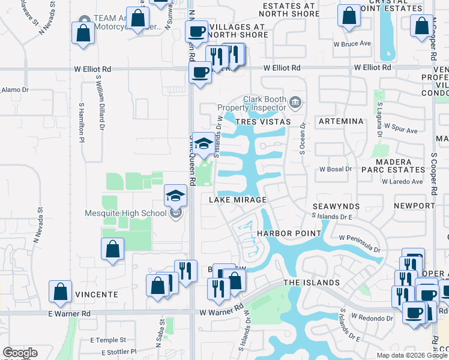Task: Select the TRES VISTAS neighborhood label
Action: tap(263, 122)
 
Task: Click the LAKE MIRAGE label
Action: tap(238, 200)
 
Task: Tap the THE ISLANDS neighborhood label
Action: tap(312, 283)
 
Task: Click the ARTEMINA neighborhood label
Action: tap(341, 122)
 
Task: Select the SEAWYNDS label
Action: tap(336, 206)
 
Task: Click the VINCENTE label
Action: tap(97, 295)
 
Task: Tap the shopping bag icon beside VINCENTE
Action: tap(61, 292)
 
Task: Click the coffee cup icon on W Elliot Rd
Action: tap(200, 73)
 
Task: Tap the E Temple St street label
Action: tap(105, 340)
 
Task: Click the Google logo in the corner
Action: tap(20, 353)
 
